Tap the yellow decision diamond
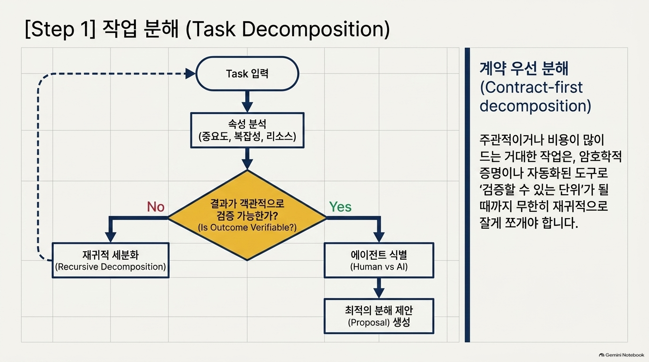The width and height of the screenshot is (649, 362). [x=247, y=215]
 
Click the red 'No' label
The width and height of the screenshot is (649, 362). [x=156, y=207]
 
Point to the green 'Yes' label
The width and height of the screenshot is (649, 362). [x=340, y=207]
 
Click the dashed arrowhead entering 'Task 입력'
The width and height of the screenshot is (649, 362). [x=190, y=74]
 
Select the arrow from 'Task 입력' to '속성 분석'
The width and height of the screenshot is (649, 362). [x=247, y=102]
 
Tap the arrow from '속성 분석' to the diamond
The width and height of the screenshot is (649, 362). [x=247, y=159]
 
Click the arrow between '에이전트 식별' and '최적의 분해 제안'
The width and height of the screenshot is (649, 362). [x=379, y=288]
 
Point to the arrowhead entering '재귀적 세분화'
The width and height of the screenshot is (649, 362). [x=110, y=237]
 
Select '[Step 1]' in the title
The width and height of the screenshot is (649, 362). [x=60, y=29]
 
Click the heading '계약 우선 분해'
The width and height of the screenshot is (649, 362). [x=524, y=68]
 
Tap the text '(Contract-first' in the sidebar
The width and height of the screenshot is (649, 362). [x=531, y=87]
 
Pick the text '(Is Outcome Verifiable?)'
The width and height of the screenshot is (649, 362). [x=247, y=227]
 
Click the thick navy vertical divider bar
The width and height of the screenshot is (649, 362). [x=467, y=195]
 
